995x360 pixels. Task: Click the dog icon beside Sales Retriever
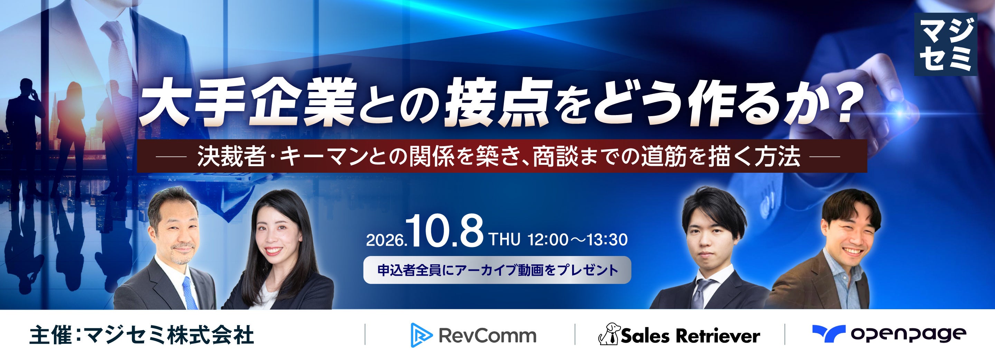pyautogui.click(x=609, y=334)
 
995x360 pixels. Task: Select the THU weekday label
pyautogui.click(x=505, y=239)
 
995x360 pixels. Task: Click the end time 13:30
pyautogui.click(x=607, y=240)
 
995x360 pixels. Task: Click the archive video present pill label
pyautogui.click(x=497, y=269)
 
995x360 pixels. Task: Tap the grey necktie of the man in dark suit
pyautogui.click(x=699, y=294)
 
